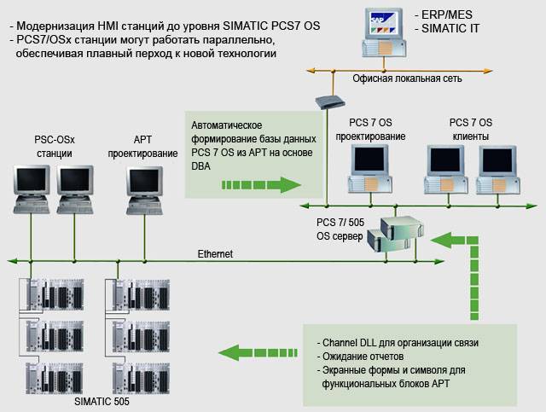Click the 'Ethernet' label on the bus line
click(x=215, y=253)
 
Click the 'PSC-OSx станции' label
click(x=48, y=147)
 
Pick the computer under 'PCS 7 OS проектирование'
click(x=369, y=166)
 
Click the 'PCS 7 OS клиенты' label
click(x=471, y=129)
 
